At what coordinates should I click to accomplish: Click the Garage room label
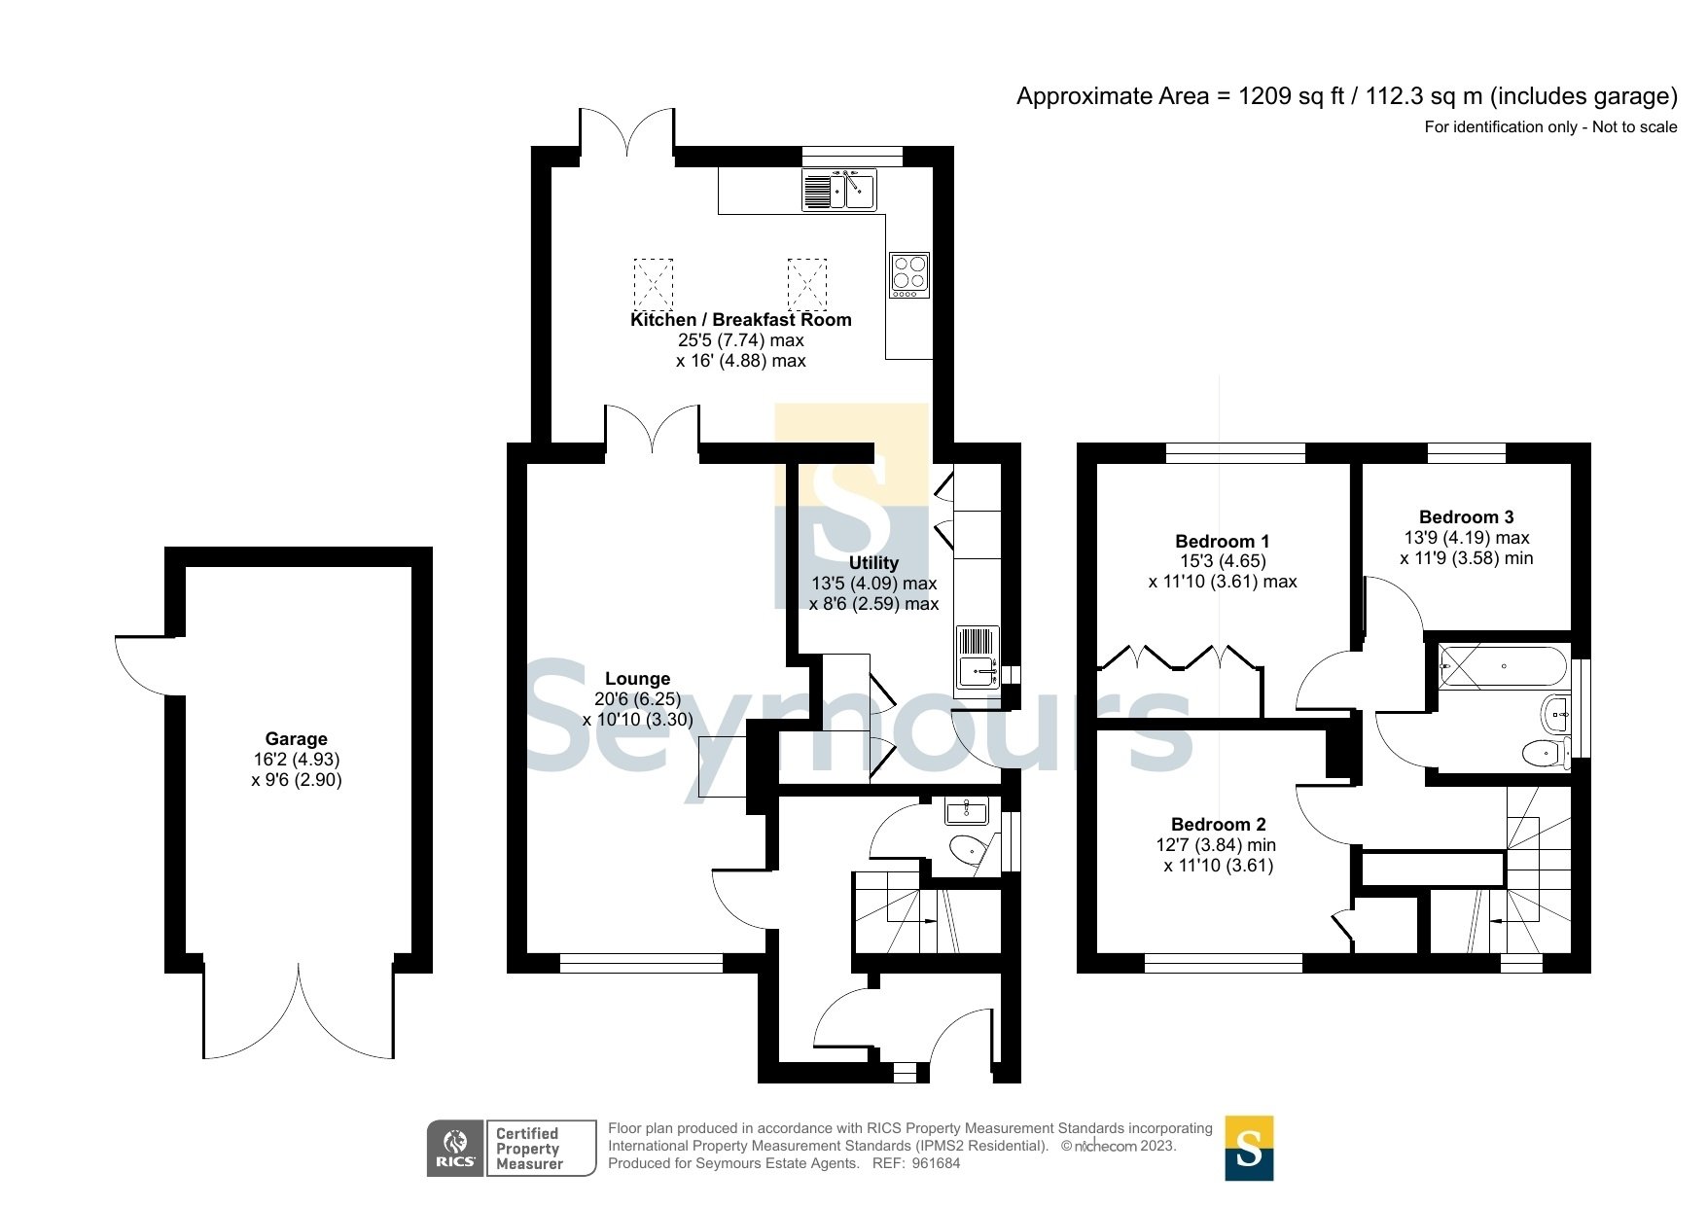[x=296, y=739]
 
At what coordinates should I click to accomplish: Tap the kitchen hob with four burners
[x=909, y=275]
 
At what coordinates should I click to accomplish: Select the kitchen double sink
[x=839, y=189]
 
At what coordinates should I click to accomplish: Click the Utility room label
[x=873, y=563]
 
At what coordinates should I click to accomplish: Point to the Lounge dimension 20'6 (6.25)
[x=637, y=699]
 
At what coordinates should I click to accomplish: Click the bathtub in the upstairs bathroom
[x=1503, y=666]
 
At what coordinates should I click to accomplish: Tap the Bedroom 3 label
[x=1466, y=517]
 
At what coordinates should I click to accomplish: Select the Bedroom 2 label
[x=1218, y=825]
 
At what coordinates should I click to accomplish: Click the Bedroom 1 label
[x=1222, y=542]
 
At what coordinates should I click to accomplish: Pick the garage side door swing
[x=146, y=664]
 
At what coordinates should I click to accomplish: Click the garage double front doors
[x=299, y=1016]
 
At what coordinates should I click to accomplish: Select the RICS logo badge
[x=455, y=1149]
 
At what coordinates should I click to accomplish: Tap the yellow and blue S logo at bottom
[x=1248, y=1149]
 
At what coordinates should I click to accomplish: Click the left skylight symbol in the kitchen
[x=653, y=283]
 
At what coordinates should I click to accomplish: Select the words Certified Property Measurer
[x=529, y=1149]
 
